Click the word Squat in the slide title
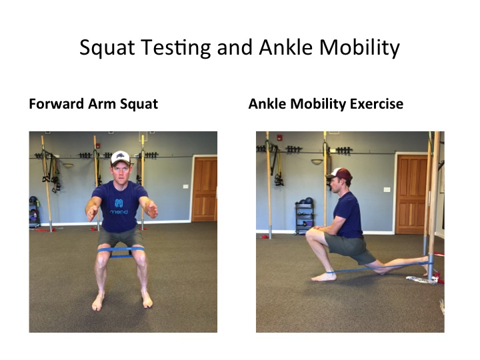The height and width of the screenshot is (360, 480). click(x=107, y=49)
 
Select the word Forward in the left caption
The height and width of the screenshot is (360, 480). click(x=56, y=104)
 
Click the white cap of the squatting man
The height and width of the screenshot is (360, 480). click(x=120, y=157)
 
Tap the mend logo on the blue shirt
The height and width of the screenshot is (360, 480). click(x=119, y=207)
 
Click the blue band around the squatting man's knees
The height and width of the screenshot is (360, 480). click(x=121, y=251)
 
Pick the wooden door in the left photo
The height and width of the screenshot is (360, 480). click(x=204, y=189)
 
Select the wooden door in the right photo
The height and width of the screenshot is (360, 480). click(x=411, y=194)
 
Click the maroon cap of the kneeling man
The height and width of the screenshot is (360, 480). click(x=339, y=174)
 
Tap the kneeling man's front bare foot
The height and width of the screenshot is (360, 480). click(x=324, y=277)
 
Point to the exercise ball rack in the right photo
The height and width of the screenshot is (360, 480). click(x=304, y=216)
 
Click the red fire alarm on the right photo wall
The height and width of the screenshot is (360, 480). click(x=279, y=137)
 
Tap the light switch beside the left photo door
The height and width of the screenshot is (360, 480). click(x=186, y=186)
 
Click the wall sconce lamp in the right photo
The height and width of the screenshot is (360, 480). click(x=317, y=161)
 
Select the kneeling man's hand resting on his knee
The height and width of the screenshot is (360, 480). click(x=319, y=228)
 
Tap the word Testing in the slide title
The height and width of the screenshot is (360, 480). click(x=176, y=49)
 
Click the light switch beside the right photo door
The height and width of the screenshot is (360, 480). click(x=387, y=189)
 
